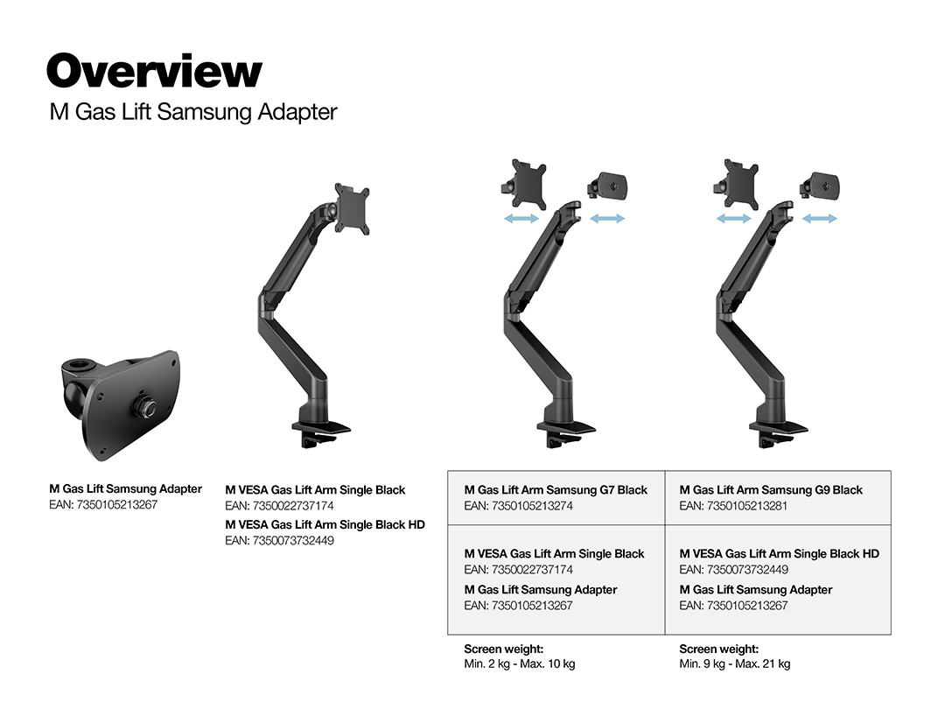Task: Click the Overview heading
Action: pyautogui.click(x=154, y=72)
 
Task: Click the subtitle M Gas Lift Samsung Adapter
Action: pyautogui.click(x=193, y=113)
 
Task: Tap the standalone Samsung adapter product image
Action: pyautogui.click(x=118, y=397)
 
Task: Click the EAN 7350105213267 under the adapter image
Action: pyautogui.click(x=103, y=505)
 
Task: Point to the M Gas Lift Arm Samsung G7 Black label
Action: pyautogui.click(x=556, y=490)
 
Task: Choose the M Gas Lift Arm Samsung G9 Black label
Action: pyautogui.click(x=771, y=490)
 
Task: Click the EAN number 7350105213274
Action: pyautogui.click(x=518, y=506)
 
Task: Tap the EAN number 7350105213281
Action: pyautogui.click(x=733, y=506)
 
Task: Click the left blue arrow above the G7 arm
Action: pyautogui.click(x=521, y=219)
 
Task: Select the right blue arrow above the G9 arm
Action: pyautogui.click(x=820, y=219)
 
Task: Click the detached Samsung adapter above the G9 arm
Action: pyautogui.click(x=822, y=186)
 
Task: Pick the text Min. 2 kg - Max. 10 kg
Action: pyautogui.click(x=519, y=664)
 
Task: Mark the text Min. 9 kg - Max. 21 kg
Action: pyautogui.click(x=734, y=664)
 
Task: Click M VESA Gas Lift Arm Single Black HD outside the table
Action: pyautogui.click(x=325, y=524)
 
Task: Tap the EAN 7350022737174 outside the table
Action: pyautogui.click(x=279, y=506)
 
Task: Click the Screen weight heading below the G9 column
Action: pyautogui.click(x=718, y=649)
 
